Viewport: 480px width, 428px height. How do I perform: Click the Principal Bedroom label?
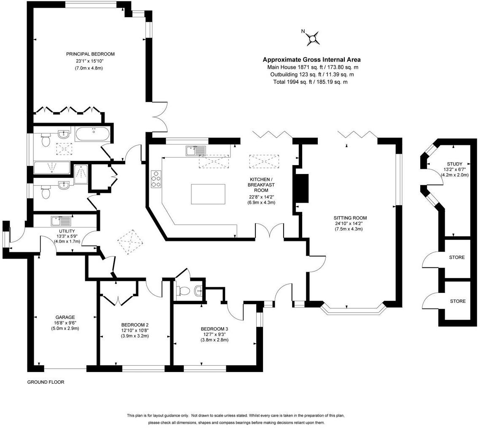point(90,54)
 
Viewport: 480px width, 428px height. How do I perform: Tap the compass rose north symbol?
point(312,38)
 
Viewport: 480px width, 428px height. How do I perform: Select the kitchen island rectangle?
point(208,194)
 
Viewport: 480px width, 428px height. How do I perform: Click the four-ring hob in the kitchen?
point(156,179)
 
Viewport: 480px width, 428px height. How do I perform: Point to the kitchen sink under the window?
point(196,150)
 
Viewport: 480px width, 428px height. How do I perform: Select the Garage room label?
point(65,318)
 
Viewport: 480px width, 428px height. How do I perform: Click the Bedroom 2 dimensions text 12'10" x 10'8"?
point(135,330)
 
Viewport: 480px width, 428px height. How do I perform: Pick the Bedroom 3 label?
point(214,329)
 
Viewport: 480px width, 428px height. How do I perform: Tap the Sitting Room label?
point(350,218)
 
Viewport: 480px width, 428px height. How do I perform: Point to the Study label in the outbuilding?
point(455,164)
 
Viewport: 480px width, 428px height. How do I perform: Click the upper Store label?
point(457,257)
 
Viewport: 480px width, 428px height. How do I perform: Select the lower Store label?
point(458,301)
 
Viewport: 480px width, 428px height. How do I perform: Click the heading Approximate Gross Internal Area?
point(311,60)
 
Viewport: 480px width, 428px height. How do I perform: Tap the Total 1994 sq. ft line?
point(311,82)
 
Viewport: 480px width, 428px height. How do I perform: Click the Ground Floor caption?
point(46,382)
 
